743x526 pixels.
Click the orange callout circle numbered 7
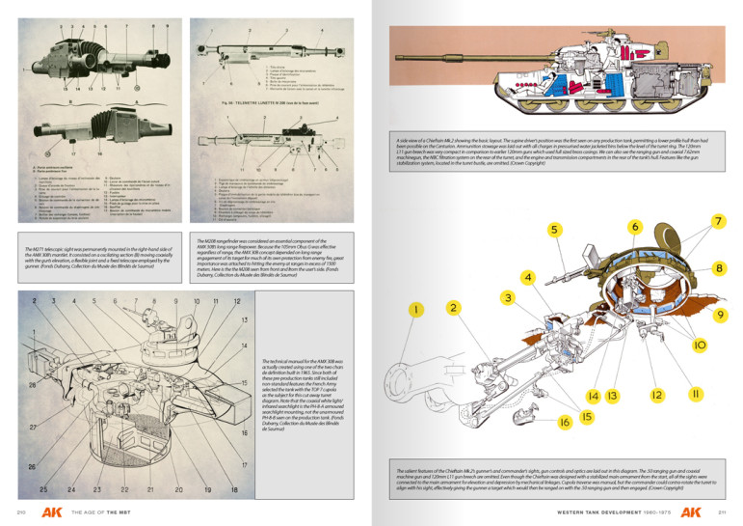tap(719, 196)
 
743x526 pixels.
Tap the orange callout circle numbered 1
tap(415, 309)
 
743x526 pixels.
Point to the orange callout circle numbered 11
tap(694, 395)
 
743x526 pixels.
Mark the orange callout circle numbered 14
tap(593, 397)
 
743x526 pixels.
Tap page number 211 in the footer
tap(721, 511)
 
